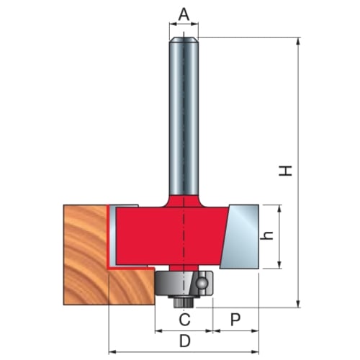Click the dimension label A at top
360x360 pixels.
click(184, 14)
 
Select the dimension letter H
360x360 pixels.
click(285, 171)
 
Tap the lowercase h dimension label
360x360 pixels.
click(267, 235)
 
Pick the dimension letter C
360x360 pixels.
click(184, 320)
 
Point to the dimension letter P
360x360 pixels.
click(235, 320)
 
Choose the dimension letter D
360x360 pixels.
click(185, 341)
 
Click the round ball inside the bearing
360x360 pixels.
click(201, 283)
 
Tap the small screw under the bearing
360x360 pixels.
click(184, 302)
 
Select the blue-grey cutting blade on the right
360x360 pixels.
click(240, 237)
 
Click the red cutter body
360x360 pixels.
click(171, 235)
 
